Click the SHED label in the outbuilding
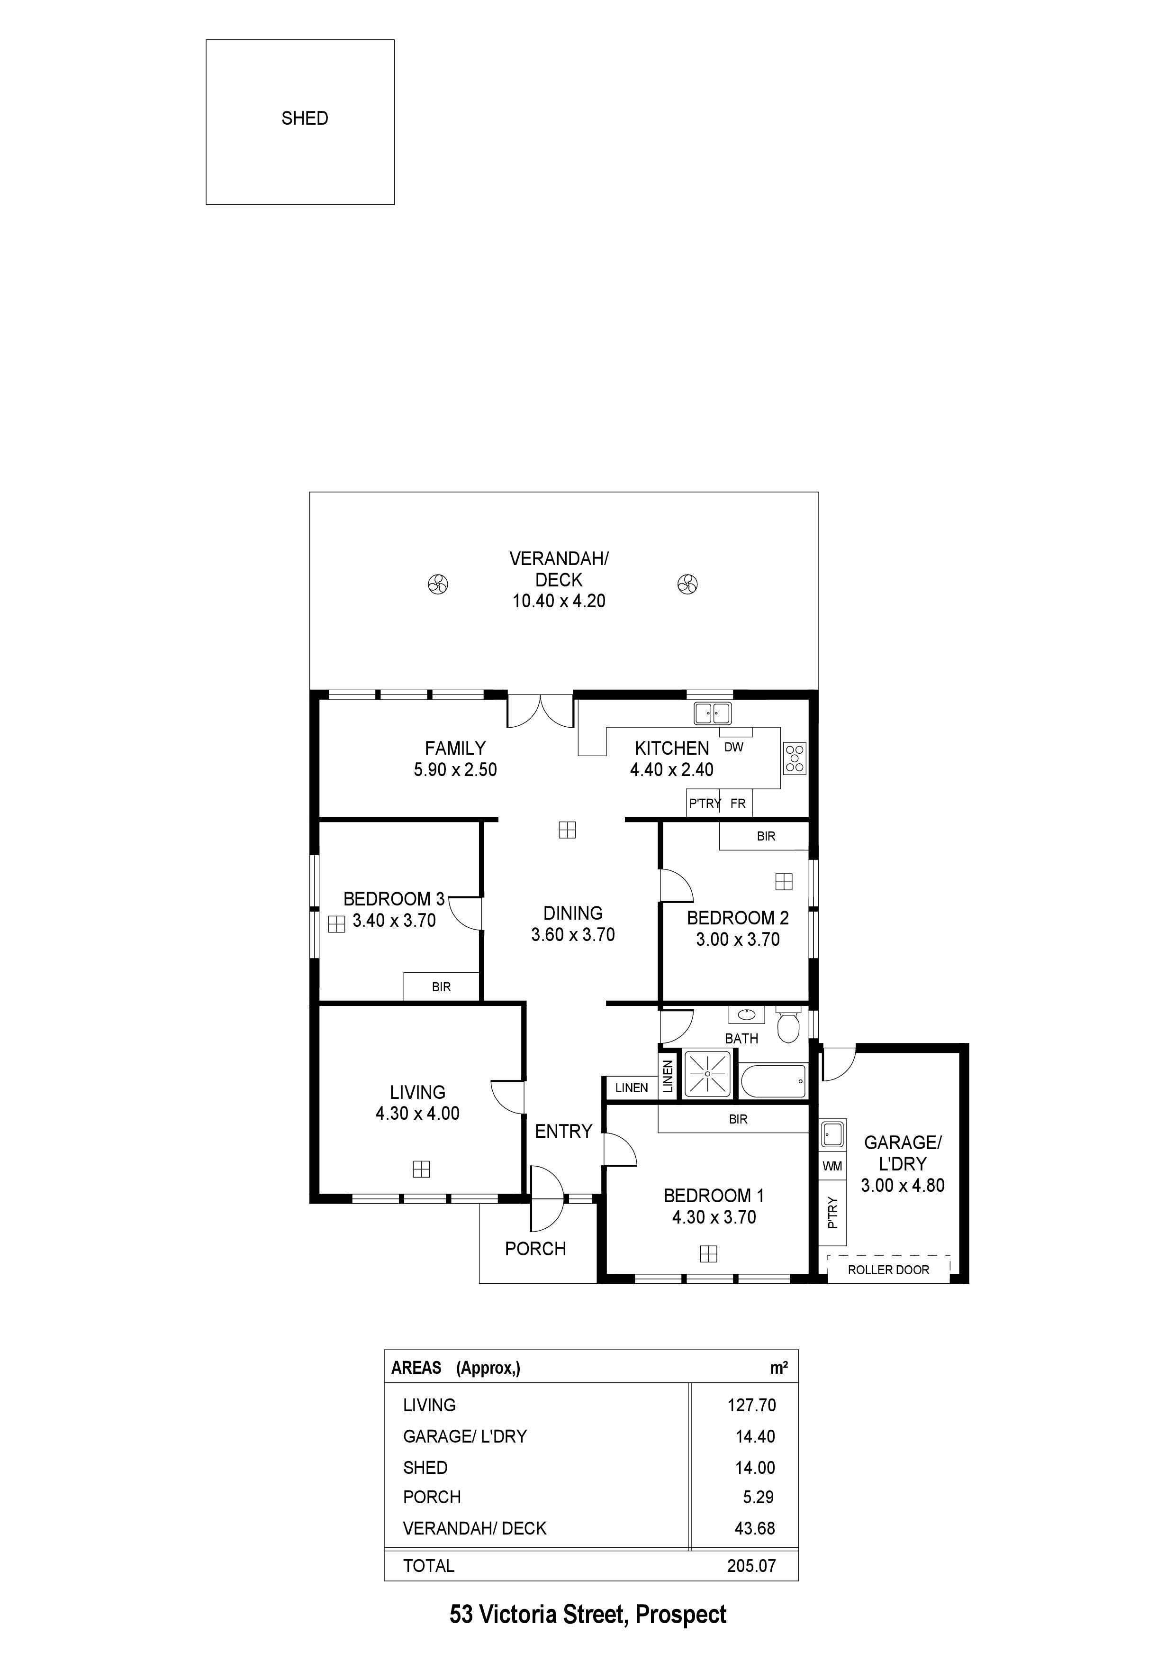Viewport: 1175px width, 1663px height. (305, 118)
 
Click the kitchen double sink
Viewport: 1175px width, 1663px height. (713, 713)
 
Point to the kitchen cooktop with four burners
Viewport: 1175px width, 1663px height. (794, 758)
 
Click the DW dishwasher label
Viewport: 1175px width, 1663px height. (733, 747)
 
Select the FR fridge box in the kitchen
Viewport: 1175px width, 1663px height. (738, 803)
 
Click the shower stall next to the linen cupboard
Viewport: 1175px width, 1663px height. (708, 1073)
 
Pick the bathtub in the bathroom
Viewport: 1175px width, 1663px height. (773, 1081)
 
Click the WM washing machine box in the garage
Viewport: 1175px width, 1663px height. (832, 1166)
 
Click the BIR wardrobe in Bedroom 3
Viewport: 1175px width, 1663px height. (442, 987)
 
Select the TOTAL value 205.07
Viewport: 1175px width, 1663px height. (751, 1565)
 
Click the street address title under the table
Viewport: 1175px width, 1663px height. (588, 1615)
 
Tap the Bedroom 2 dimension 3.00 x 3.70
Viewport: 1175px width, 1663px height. (738, 940)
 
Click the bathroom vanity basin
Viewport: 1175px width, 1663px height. (746, 1015)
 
